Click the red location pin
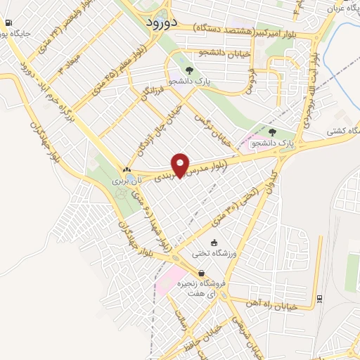(x=181, y=166)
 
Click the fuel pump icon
(x=7, y=32)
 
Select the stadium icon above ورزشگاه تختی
(x=205, y=243)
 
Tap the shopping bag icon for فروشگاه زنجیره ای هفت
(x=202, y=274)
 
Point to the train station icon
(x=320, y=298)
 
